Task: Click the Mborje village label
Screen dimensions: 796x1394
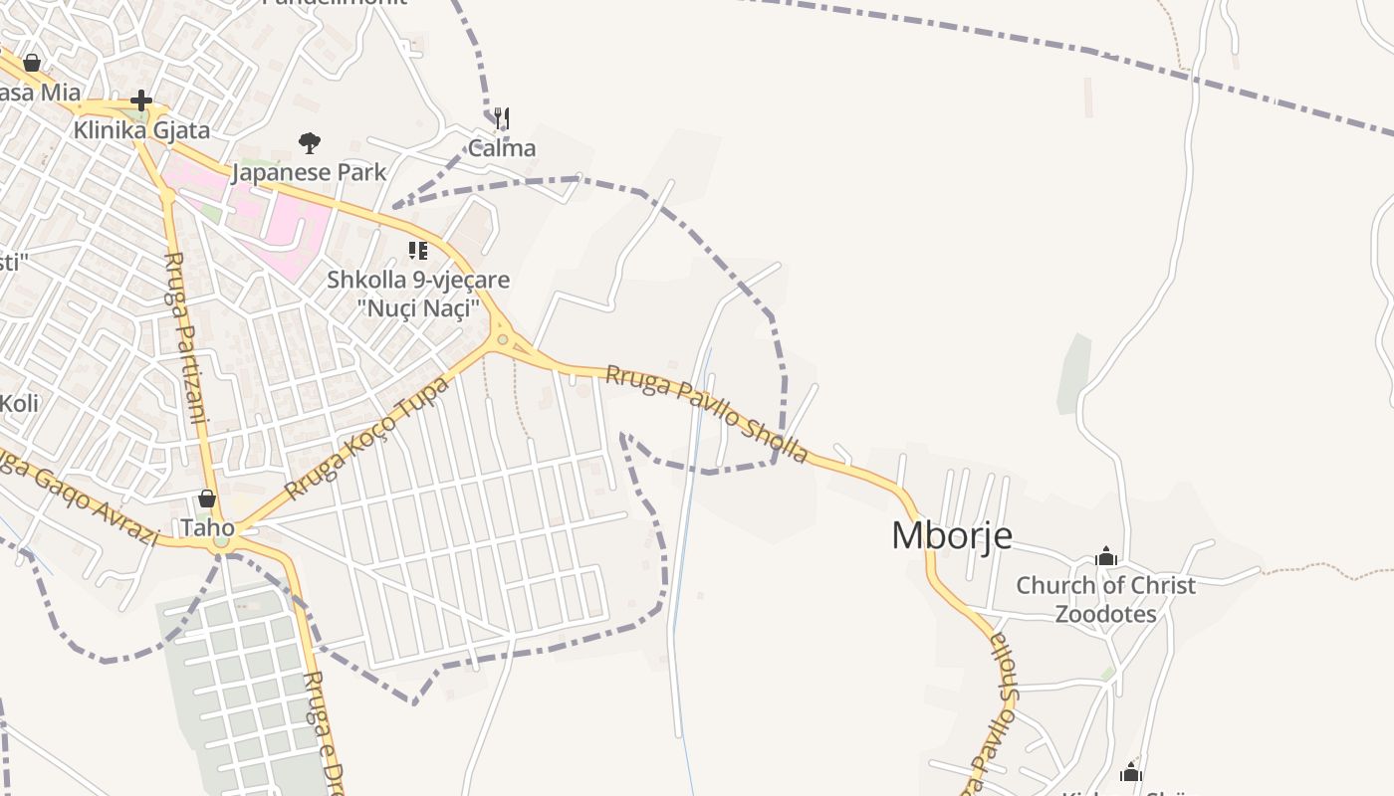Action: click(951, 535)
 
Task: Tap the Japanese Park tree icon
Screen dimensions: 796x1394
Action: click(310, 143)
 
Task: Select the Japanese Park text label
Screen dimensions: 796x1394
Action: click(309, 172)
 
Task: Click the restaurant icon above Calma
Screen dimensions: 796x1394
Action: click(502, 119)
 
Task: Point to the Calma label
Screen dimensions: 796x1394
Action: click(502, 148)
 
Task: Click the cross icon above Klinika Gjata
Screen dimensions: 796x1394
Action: click(141, 100)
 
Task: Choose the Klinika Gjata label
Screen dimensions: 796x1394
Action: click(141, 129)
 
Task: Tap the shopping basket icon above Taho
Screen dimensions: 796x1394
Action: click(207, 498)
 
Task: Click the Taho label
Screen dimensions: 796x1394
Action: click(207, 526)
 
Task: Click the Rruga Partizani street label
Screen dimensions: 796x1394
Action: click(186, 338)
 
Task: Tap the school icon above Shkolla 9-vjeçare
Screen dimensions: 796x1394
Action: click(418, 251)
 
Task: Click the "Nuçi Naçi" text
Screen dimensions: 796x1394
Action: click(418, 307)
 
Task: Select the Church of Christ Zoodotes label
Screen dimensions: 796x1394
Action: click(1105, 599)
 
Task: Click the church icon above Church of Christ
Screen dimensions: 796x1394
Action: click(1106, 557)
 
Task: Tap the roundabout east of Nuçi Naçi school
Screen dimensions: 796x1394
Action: click(503, 340)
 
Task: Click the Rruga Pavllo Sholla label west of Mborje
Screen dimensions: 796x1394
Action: click(707, 413)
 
